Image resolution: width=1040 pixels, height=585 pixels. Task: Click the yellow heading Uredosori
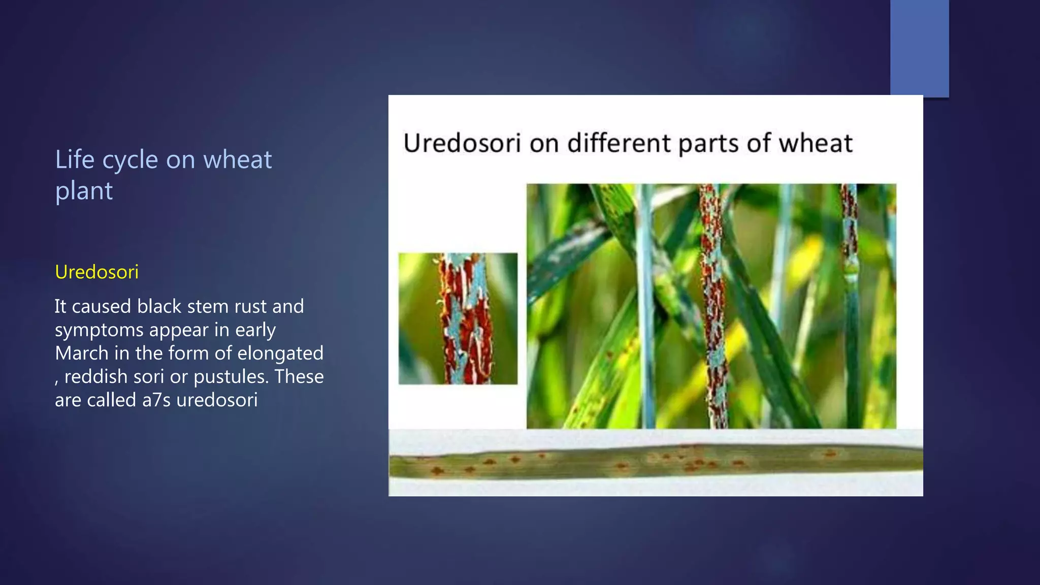coord(96,272)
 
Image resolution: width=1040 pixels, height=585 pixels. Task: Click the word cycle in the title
coord(130,160)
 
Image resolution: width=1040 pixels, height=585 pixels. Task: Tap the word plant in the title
coord(84,191)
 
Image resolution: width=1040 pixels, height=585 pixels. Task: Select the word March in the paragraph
coord(81,353)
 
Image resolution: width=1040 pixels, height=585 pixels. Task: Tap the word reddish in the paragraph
coord(96,377)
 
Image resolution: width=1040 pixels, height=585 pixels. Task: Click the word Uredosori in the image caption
coord(462,143)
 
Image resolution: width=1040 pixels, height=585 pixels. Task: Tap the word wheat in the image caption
coord(816,143)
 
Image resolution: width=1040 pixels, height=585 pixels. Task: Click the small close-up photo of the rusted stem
coord(458,318)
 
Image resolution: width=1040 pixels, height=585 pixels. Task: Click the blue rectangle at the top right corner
coord(919,48)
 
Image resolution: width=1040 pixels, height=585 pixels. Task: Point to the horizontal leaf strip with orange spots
coord(655,462)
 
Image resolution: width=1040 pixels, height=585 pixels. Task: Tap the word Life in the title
coord(75,159)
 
